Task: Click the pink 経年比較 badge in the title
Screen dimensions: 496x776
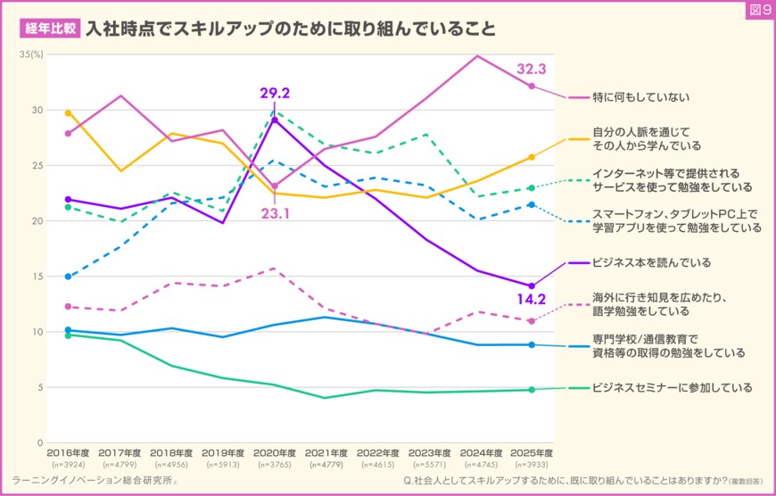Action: (x=49, y=28)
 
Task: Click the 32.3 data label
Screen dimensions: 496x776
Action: (x=532, y=69)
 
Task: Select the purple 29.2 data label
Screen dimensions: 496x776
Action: (x=275, y=93)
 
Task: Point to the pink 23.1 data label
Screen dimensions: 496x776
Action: (x=275, y=213)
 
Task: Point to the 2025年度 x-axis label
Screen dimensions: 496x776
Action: (x=532, y=453)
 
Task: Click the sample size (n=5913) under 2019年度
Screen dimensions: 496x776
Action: (x=223, y=465)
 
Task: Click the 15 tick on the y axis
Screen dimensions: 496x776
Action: (x=37, y=277)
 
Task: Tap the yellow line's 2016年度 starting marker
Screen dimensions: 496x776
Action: (x=68, y=113)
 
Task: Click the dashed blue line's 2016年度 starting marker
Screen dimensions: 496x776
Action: (x=68, y=277)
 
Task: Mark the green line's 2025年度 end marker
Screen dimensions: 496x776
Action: (x=532, y=390)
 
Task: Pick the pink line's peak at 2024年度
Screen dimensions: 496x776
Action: (x=478, y=56)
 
